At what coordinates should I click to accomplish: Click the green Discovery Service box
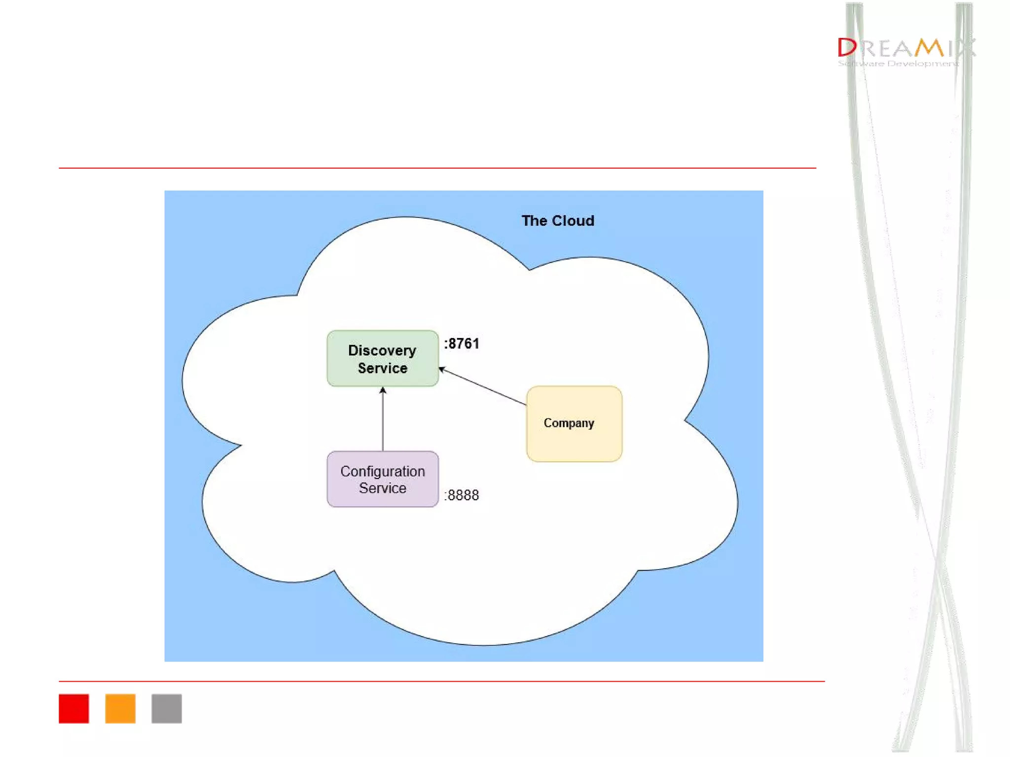(x=382, y=358)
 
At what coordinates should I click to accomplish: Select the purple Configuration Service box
(x=382, y=479)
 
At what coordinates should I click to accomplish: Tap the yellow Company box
(x=574, y=424)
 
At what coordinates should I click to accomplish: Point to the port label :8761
(x=462, y=344)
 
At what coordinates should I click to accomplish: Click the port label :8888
(x=462, y=495)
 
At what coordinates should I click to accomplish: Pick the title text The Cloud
(x=558, y=221)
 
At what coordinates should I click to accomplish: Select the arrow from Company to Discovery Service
(x=483, y=387)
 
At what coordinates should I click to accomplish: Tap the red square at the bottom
(x=74, y=708)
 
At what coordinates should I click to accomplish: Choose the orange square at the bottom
(x=120, y=708)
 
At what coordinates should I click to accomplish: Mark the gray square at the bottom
(x=167, y=708)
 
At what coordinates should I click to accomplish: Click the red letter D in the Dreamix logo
(x=847, y=48)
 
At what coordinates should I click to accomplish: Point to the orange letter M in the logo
(x=930, y=48)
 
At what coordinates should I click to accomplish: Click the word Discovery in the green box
(x=382, y=350)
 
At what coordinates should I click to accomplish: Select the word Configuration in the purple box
(x=382, y=471)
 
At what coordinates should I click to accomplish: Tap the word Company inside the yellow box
(x=569, y=423)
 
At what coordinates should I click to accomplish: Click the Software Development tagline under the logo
(x=898, y=64)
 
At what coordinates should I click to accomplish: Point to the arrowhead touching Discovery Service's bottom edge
(x=383, y=391)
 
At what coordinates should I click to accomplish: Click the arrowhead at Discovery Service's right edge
(x=442, y=369)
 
